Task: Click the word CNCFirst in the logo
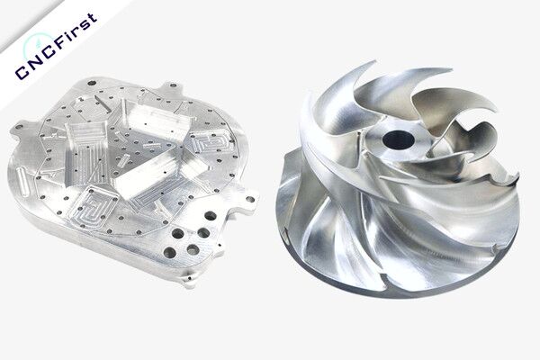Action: [57, 46]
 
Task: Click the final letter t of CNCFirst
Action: [90, 21]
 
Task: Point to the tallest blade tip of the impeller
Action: [374, 62]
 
